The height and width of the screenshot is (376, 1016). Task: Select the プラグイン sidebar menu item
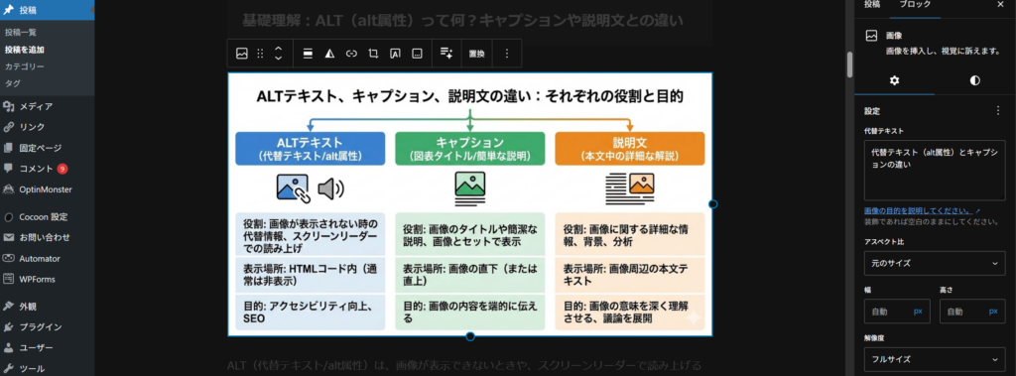coord(41,326)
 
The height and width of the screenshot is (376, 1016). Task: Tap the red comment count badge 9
coord(63,169)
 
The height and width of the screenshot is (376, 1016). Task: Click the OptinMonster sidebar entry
coord(45,189)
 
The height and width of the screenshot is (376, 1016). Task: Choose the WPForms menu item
coord(37,279)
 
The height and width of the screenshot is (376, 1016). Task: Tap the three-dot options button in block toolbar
coord(507,54)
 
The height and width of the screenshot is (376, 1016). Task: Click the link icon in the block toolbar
coord(350,54)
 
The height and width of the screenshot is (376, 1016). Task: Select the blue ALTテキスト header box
coord(310,149)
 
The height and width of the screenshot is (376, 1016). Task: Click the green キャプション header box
coord(469,149)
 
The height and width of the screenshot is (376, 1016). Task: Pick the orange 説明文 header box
coord(630,149)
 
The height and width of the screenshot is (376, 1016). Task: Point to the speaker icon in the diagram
coord(330,188)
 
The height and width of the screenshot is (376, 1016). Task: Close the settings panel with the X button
coord(998,5)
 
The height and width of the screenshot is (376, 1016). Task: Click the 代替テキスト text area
coord(934,170)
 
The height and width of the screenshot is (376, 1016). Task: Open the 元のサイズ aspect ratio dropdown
coord(934,264)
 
